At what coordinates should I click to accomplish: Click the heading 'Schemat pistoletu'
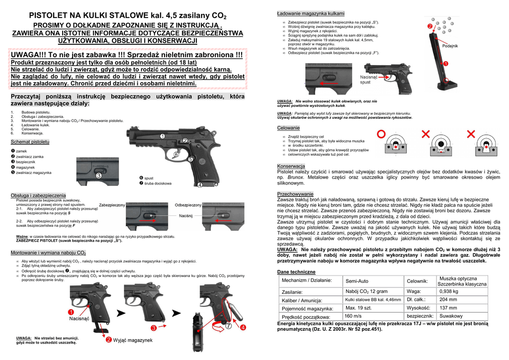30,142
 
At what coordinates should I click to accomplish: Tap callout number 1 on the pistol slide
162,136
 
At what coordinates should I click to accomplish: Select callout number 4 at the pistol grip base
200,185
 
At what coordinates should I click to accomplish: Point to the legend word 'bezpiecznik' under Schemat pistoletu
26,162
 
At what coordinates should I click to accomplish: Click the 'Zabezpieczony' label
112,205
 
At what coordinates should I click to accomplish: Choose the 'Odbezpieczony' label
188,205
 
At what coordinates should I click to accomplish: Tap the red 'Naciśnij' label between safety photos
185,216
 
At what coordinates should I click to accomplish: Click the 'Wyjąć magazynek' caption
133,340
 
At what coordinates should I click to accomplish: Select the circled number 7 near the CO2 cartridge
229,327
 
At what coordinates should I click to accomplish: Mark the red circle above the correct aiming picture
381,133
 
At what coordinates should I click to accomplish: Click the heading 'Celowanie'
288,128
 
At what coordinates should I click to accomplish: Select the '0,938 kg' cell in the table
449,291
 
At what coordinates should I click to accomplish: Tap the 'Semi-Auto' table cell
356,281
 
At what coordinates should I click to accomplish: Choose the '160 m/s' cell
353,316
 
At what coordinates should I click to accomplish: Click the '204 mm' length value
448,299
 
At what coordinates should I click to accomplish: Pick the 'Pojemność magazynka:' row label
307,309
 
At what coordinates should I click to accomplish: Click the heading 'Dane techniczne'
296,272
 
